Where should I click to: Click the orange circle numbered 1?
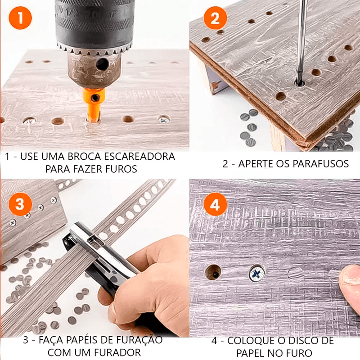click(x=20, y=18)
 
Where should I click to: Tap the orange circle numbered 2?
click(x=215, y=18)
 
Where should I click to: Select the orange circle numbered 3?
click(x=20, y=204)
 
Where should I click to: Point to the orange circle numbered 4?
click(x=215, y=204)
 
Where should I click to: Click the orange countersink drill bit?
click(x=94, y=105)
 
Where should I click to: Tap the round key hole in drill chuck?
click(x=102, y=64)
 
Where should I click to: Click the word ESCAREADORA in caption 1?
click(x=139, y=157)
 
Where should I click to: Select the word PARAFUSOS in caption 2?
click(x=317, y=164)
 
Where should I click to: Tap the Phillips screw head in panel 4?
click(x=257, y=273)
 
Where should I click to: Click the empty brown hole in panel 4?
click(x=213, y=272)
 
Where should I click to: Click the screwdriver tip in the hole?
click(x=299, y=81)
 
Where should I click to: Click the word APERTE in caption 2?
click(x=254, y=164)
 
